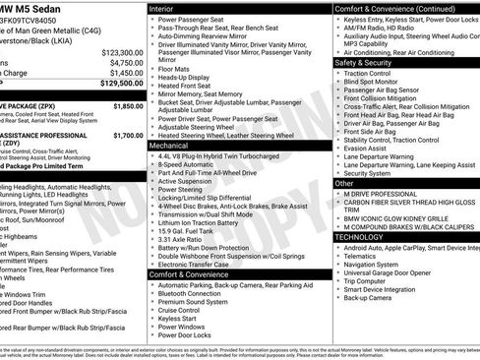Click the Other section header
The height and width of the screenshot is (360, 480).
[x=344, y=183]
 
